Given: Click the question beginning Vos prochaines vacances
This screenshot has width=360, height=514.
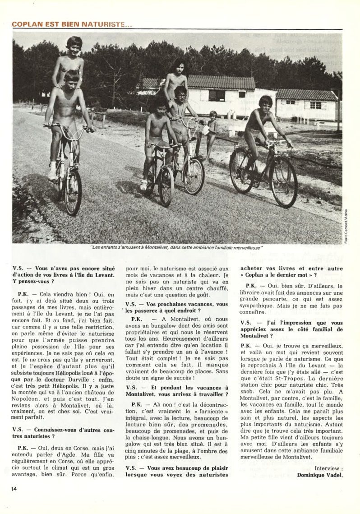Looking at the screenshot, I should click(176, 307).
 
